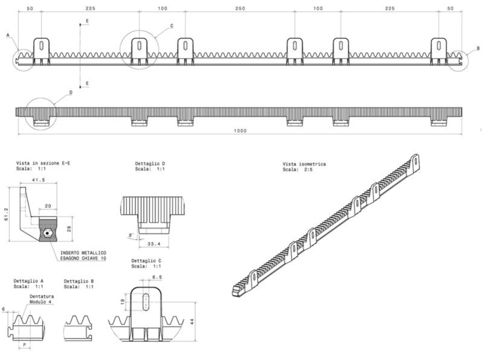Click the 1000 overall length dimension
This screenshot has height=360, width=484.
[x=240, y=131]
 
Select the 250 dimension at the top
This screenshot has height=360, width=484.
[x=240, y=8]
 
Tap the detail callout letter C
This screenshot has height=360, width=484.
[x=172, y=26]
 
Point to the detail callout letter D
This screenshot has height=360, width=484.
[x=71, y=93]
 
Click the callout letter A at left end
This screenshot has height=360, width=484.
[x=8, y=35]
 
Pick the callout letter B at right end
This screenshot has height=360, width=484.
[x=478, y=48]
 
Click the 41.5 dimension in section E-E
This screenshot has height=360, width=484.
[x=39, y=180]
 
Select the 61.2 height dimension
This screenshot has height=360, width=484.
[x=6, y=214]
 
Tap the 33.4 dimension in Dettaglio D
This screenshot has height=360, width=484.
[x=154, y=244]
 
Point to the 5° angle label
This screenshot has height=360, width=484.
[x=131, y=235]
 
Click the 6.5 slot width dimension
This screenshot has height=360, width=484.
[x=157, y=277]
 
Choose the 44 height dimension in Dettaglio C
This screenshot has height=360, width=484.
[x=192, y=321]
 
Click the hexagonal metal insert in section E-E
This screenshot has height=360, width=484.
[x=47, y=233]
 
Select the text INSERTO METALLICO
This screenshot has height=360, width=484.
[x=83, y=253]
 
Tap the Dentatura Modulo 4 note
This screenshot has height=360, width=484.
[x=42, y=299]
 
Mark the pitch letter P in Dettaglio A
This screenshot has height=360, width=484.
[x=25, y=345]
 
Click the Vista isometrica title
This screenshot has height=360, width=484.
[x=304, y=164]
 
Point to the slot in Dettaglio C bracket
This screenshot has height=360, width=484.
[x=146, y=303]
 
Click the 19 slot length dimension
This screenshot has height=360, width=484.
[x=123, y=302]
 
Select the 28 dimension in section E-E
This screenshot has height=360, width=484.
[x=69, y=229]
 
